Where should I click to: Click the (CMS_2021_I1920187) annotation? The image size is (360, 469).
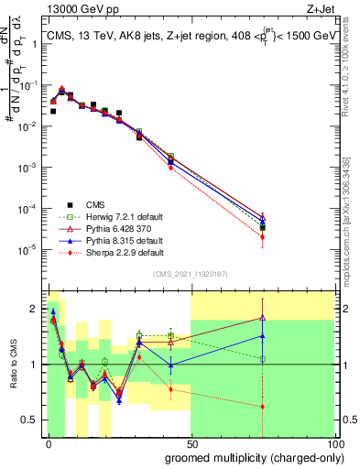pos(191,274)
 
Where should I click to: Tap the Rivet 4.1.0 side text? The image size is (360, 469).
pos(353,69)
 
